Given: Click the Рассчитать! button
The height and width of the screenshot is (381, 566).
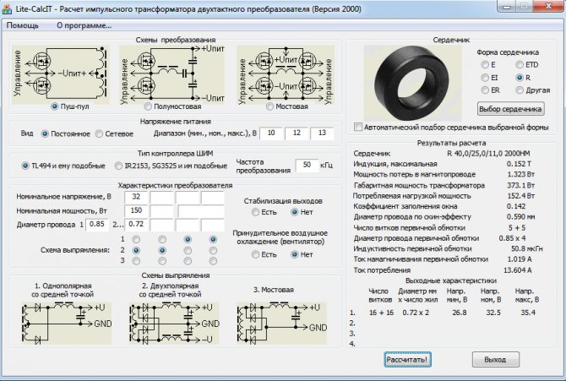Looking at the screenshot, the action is [x=407, y=359].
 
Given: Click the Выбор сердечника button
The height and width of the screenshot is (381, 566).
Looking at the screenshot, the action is [x=510, y=109].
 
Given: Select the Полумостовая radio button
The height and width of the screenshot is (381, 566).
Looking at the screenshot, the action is [x=148, y=106].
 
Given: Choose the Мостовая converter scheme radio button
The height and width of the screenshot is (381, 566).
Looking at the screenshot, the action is [x=269, y=106].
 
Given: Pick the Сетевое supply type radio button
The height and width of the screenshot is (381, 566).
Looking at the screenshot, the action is [x=99, y=133].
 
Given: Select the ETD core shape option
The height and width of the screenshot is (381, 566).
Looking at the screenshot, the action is [x=519, y=65].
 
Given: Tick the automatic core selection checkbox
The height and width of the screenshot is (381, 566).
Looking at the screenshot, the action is [x=358, y=127].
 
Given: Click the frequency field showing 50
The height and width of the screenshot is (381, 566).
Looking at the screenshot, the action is [x=307, y=165].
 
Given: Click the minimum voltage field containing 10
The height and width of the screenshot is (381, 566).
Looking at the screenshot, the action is [x=271, y=133].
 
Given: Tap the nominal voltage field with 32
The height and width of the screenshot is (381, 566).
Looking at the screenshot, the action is [x=136, y=197].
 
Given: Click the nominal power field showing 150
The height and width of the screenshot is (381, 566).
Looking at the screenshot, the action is [x=136, y=210].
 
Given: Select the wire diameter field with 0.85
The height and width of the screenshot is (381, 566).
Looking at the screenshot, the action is [x=97, y=224].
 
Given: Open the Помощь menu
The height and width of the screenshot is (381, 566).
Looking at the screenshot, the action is [x=22, y=25].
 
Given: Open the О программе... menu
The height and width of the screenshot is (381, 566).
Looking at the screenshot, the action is [x=84, y=25].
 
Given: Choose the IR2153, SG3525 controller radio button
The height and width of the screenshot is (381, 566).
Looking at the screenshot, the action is [x=118, y=166].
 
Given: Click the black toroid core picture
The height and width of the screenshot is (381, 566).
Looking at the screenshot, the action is [x=412, y=83].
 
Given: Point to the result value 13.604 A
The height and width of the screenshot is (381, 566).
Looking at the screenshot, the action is [x=517, y=270].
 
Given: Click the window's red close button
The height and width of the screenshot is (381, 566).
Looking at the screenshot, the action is [x=548, y=6].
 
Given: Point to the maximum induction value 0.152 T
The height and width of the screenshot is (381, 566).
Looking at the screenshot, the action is [x=519, y=164].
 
